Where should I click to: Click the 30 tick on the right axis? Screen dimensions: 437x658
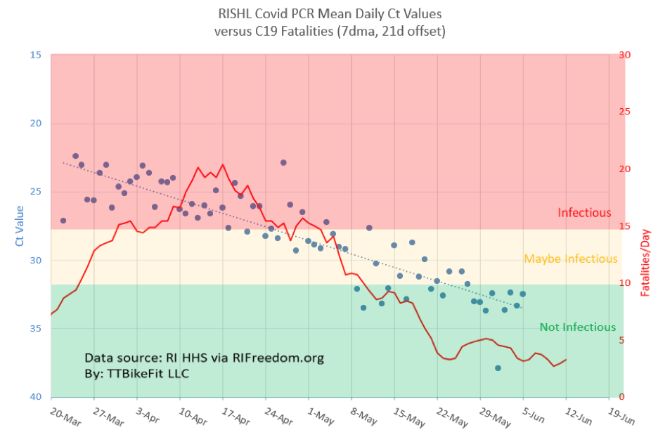[623, 55]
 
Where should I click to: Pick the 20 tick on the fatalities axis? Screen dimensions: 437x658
[623, 169]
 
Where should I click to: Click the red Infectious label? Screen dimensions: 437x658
[584, 213]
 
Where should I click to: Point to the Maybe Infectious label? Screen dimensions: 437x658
[571, 259]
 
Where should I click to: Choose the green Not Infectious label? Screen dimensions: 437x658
[577, 327]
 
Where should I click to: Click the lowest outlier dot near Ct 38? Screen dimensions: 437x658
[498, 368]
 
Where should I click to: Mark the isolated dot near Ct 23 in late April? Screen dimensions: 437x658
[283, 162]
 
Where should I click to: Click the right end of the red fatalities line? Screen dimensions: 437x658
[566, 360]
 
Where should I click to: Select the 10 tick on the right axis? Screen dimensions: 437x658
[623, 283]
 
